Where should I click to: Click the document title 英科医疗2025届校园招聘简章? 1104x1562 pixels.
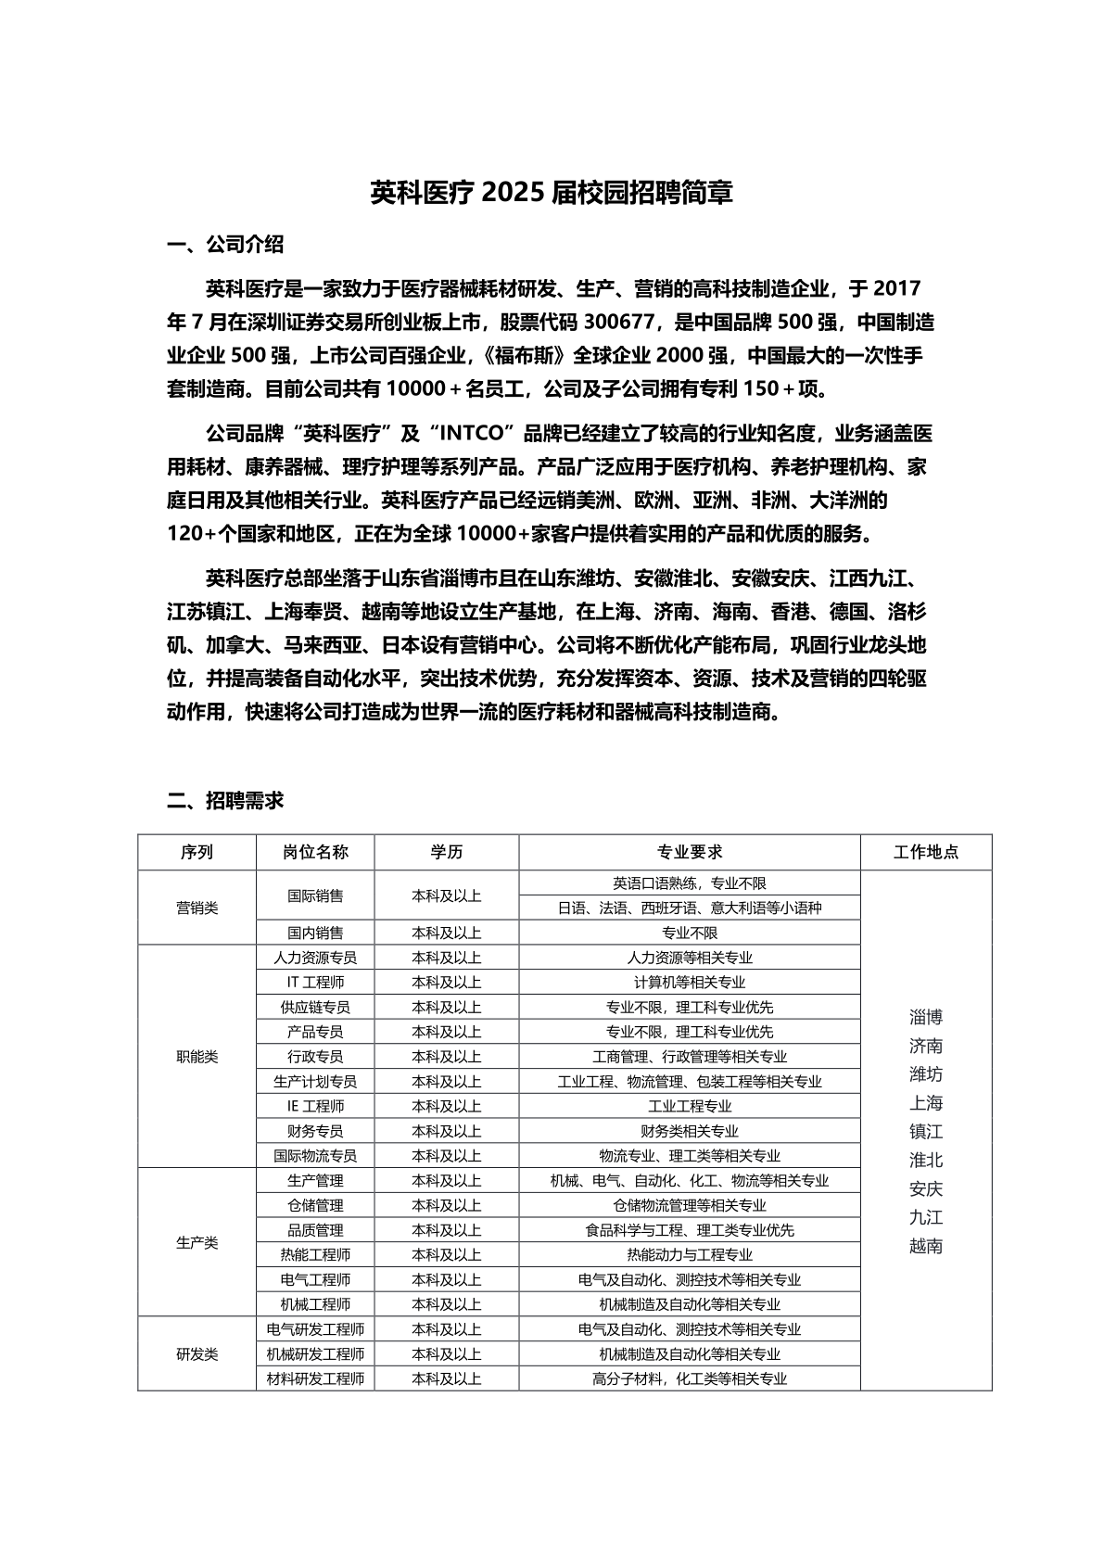552,193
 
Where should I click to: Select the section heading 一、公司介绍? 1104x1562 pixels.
225,245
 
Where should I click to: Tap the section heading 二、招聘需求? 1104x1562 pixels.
225,800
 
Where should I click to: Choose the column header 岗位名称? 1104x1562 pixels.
315,852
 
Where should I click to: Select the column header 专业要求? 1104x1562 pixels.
690,852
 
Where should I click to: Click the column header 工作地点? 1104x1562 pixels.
926,852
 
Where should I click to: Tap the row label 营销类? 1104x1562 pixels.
197,908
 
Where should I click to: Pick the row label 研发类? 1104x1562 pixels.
197,1353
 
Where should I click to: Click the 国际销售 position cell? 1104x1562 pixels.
315,895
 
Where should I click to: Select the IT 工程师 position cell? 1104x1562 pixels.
315,982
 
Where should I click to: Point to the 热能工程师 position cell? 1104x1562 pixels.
315,1254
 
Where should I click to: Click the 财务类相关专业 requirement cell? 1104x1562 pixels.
690,1131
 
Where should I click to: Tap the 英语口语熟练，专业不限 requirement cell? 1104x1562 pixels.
690,883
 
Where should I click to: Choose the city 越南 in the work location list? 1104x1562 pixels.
926,1246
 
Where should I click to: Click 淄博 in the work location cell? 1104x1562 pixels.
926,1016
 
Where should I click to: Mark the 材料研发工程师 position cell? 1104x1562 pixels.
315,1378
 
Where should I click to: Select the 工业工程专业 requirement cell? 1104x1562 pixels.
690,1106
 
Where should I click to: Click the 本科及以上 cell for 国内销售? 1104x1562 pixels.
447,933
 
